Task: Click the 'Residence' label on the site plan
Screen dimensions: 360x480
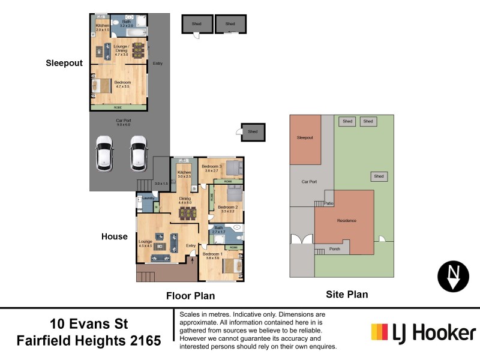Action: click(347, 221)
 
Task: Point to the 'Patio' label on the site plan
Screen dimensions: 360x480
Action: click(329, 203)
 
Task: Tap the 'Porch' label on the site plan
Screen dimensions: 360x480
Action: click(335, 249)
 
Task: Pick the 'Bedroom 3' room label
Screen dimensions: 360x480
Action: click(212, 168)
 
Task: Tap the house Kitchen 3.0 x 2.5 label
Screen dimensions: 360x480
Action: click(184, 174)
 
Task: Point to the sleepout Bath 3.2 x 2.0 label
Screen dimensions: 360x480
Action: click(127, 24)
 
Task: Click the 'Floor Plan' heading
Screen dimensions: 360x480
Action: click(190, 296)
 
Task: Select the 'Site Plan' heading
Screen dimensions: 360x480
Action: click(347, 294)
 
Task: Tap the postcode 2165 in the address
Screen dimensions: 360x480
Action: click(144, 341)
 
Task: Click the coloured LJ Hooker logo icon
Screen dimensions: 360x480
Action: click(380, 332)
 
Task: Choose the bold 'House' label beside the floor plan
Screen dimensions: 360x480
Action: click(114, 236)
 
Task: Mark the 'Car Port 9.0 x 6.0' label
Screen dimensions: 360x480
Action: click(124, 122)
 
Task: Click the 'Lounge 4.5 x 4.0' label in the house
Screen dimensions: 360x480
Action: click(146, 244)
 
